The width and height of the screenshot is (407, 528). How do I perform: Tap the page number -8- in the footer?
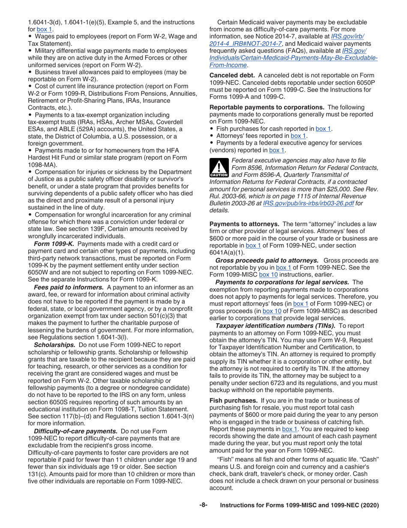(203, 505)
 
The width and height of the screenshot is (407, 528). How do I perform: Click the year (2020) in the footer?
(369, 506)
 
